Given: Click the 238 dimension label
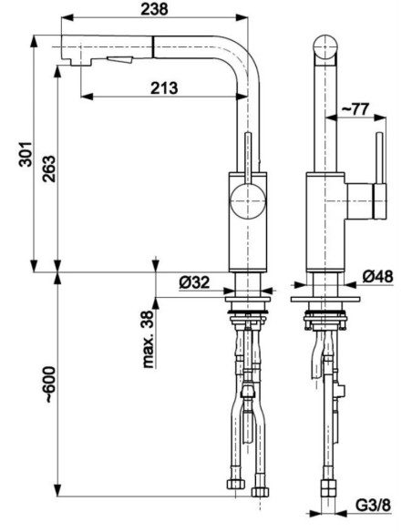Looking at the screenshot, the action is tap(154, 9).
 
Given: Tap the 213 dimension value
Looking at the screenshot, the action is tap(164, 88).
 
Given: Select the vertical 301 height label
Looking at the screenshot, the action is tap(26, 154).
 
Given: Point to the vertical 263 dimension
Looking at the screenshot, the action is tap(49, 169).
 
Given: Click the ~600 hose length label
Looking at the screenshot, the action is tap(49, 384).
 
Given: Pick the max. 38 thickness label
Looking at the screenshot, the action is tap(148, 340).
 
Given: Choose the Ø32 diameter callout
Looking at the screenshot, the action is tap(194, 282).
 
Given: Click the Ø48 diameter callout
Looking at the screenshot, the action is tap(377, 277).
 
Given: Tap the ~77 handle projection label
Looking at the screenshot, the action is tap(355, 109).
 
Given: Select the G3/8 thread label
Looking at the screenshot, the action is tap(374, 506).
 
